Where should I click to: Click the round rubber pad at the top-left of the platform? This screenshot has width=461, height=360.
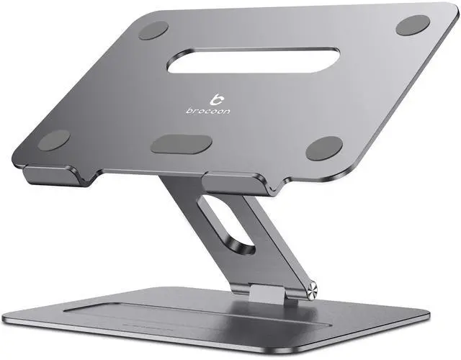[153, 30]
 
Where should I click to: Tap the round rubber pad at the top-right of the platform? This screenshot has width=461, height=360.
[413, 25]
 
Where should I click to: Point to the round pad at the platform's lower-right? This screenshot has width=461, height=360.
[324, 148]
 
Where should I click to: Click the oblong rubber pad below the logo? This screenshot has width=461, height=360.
[181, 144]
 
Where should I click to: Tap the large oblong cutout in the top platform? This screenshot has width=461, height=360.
[254, 60]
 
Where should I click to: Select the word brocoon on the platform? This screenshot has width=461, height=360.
[208, 111]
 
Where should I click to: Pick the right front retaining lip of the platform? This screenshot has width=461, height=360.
[238, 184]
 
